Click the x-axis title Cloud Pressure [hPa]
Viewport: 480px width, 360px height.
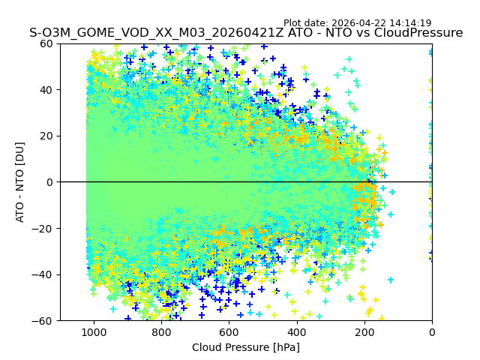[x=246, y=347]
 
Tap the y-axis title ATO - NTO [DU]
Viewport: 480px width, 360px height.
[x=20, y=182]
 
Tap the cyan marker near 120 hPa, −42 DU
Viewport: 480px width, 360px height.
[x=391, y=280]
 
